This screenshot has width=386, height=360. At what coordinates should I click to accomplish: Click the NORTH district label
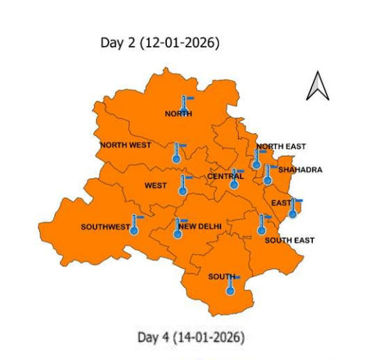pos(178,114)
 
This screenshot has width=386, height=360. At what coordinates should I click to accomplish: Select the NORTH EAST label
pos(281,146)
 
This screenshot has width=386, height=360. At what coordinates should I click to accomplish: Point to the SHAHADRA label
pos(300,169)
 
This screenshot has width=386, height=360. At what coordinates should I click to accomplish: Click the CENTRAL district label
pos(225,176)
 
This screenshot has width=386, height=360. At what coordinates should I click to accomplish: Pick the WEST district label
pos(155,186)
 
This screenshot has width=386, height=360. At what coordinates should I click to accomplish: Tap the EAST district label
pos(280,203)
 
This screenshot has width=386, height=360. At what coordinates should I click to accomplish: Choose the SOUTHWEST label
pos(105,227)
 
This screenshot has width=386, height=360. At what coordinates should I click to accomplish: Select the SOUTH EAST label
pos(289,240)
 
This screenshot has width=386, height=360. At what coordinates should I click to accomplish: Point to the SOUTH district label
pos(220,276)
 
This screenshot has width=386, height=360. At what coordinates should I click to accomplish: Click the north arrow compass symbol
pos(317,86)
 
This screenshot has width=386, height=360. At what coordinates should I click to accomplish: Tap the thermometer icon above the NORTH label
pos(184,102)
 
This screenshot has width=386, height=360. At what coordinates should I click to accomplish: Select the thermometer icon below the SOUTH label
pos(230,285)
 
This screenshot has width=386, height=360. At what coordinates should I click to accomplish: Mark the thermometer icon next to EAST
pos(293,208)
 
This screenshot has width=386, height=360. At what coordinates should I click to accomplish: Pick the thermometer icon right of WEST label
pos(183,185)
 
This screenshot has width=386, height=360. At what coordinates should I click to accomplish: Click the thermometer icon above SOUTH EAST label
pos(262,224)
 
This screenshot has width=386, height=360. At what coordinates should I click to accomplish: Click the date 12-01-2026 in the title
pos(179,43)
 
